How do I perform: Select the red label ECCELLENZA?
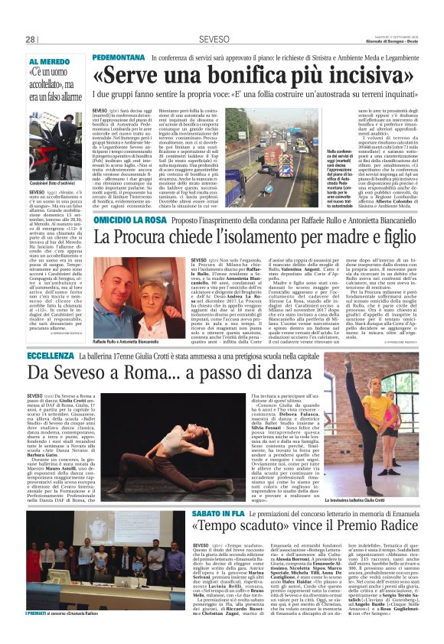tap(51, 356)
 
